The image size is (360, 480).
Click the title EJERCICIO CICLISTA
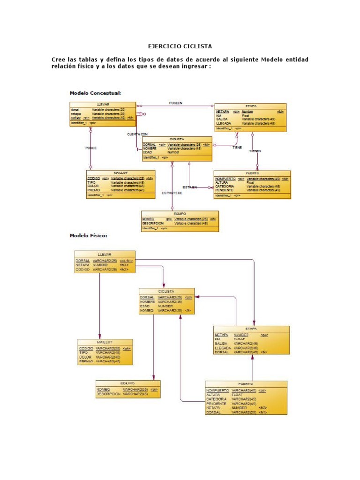(x=180, y=46)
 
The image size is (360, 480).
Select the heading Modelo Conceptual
(x=95, y=93)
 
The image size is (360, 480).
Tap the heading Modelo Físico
(x=89, y=235)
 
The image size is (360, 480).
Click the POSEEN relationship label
(x=175, y=103)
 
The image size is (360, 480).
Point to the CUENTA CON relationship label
(x=137, y=134)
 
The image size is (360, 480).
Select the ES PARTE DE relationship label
(x=172, y=193)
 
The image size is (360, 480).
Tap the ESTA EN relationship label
(x=190, y=187)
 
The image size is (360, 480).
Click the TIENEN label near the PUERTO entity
(x=255, y=151)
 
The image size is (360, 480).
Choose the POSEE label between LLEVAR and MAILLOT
(x=91, y=148)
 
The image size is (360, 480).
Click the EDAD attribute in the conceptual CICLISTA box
(x=148, y=152)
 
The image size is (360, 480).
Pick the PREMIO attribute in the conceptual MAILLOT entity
(x=94, y=190)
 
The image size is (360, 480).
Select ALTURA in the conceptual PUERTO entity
(x=222, y=182)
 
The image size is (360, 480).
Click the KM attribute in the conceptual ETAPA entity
(x=218, y=115)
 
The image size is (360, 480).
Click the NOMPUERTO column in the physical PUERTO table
(x=217, y=390)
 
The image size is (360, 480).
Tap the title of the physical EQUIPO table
(x=127, y=383)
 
